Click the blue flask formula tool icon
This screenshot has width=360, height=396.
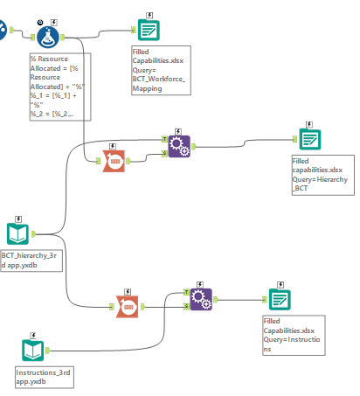pyautogui.click(x=48, y=35)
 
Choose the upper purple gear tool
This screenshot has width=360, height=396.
pyautogui.click(x=178, y=145)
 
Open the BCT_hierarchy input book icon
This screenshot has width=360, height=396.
pyautogui.click(x=19, y=233)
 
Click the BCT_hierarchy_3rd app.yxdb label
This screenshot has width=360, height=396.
pyautogui.click(x=31, y=260)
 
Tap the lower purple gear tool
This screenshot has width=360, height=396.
pyautogui.click(x=200, y=300)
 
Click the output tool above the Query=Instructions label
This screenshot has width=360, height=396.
pyautogui.click(x=278, y=299)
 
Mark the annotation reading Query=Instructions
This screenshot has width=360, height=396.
pyautogui.click(x=292, y=336)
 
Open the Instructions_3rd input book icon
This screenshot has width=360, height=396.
pyautogui.click(x=33, y=351)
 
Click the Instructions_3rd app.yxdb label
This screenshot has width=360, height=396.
pyautogui.click(x=44, y=377)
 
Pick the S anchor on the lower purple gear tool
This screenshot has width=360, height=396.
pyautogui.click(x=187, y=305)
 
